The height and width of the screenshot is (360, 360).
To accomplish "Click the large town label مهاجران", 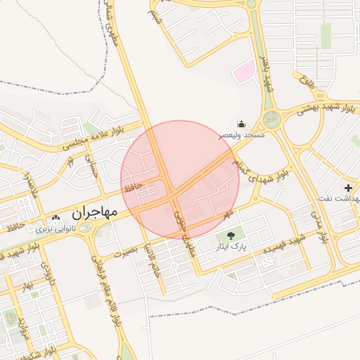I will click(x=98, y=212).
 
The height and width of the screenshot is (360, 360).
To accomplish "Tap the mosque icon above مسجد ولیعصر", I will click(x=242, y=124).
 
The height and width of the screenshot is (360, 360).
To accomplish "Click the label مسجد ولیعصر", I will click(x=242, y=134).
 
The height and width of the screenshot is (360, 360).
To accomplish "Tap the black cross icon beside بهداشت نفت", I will click(x=348, y=188).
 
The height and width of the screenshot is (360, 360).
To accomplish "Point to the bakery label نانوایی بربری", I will click(x=56, y=229).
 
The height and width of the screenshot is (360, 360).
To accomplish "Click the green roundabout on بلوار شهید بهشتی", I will click(x=271, y=120).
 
